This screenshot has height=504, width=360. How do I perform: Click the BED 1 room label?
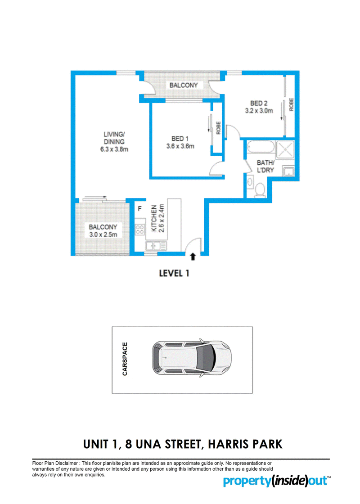coord(180,139)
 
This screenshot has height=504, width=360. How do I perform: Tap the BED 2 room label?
coord(259,103)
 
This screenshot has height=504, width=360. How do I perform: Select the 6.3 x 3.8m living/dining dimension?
coord(114,149)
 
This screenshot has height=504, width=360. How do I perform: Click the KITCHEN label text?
coord(154,218)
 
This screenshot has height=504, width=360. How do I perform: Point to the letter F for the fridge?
coord(139,209)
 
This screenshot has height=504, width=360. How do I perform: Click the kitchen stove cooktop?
coord(139,229)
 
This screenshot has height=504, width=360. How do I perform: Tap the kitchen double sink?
coord(156,246)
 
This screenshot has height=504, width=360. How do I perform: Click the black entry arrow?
coord(193,256)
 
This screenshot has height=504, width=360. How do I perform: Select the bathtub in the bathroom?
coord(261,148)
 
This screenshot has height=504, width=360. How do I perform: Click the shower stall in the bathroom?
coord(285,149)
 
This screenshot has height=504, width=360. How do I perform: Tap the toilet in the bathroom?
coord(260,189)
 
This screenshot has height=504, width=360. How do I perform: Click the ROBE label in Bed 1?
coord(218,128)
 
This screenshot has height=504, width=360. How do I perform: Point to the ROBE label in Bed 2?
coord(291,104)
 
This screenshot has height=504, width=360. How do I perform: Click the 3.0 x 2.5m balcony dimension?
coord(103,234)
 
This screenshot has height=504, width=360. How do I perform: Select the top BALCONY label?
coord(184,85)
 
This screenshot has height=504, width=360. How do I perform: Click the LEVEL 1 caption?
coord(174,274)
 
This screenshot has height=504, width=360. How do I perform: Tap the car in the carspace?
coord(192,359)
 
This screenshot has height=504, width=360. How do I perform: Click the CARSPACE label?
coord(125,359)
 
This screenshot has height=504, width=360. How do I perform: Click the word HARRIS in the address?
coord(229,444)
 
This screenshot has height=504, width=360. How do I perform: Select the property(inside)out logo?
coord(277,481)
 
